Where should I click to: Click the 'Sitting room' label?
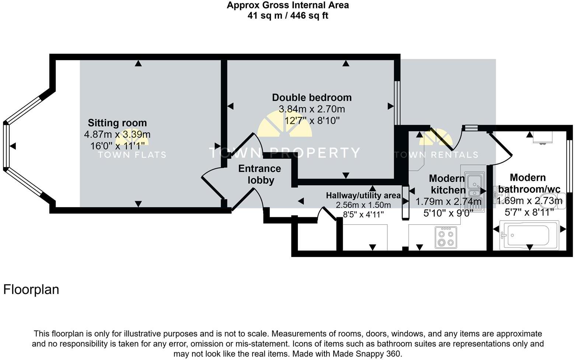point(117,123)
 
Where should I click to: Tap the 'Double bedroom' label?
point(311,97)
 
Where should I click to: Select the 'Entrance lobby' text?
point(259,174)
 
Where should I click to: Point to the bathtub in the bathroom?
point(528,234)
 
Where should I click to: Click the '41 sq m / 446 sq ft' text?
point(287,15)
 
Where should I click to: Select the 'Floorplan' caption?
point(31,290)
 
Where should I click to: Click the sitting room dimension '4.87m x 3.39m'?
point(117,135)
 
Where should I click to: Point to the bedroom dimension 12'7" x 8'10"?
point(311,121)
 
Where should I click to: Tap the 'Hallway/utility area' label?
point(363,195)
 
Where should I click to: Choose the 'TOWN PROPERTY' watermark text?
point(284,153)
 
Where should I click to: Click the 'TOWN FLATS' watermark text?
point(132,155)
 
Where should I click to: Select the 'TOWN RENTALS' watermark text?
point(436,155)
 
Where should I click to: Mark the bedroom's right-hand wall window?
point(397,103)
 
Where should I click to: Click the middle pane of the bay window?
point(6,146)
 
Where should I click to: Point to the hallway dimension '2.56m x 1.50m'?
point(363,205)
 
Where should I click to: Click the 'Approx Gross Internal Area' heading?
point(287,6)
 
